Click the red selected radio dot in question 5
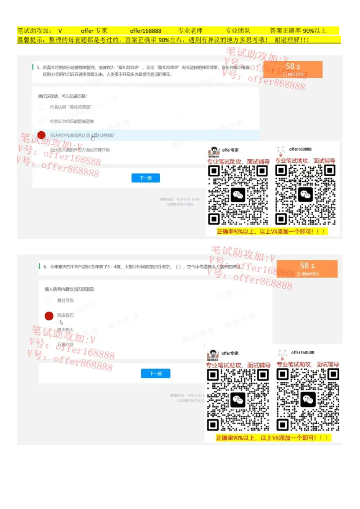click(42, 135)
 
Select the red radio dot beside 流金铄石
click(49, 316)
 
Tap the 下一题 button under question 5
click(145, 178)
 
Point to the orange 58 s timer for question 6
click(307, 268)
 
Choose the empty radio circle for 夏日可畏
click(49, 300)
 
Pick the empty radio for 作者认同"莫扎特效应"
click(41, 107)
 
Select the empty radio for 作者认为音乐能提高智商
click(41, 121)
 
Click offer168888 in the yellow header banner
click(145, 31)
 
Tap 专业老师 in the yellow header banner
click(190, 31)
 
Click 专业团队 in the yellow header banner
click(238, 31)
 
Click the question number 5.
click(38, 67)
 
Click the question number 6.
click(45, 267)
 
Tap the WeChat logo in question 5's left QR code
click(238, 195)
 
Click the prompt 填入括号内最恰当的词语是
click(70, 289)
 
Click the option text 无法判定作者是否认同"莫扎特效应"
click(82, 135)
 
